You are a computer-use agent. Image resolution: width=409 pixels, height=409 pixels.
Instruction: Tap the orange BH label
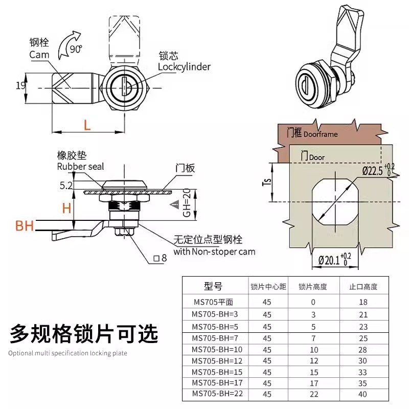pyautogui.click(x=24, y=225)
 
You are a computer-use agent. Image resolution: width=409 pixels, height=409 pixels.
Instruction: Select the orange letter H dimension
pyautogui.click(x=66, y=207)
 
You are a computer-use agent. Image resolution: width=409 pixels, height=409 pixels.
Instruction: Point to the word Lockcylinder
pyautogui.click(x=184, y=66)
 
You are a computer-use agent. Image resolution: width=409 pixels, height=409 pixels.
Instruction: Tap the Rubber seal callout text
pyautogui.click(x=80, y=167)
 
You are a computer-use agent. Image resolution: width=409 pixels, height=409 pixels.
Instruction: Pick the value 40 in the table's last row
pyautogui.click(x=363, y=394)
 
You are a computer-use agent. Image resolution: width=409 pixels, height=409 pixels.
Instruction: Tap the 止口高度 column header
pyautogui.click(x=363, y=287)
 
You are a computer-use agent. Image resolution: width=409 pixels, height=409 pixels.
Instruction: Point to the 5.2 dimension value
pyautogui.click(x=66, y=187)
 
